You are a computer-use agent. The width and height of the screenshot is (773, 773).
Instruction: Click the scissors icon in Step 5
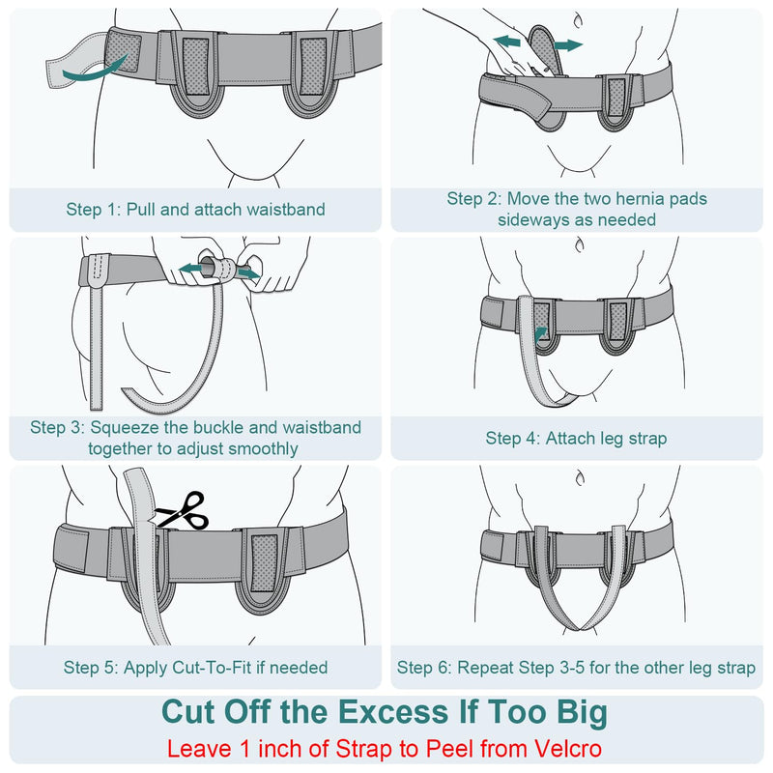[x=185, y=509]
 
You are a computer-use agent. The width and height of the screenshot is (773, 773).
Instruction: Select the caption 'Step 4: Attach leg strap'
[x=576, y=439]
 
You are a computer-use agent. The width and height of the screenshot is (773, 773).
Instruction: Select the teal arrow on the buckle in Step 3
[x=246, y=274]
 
